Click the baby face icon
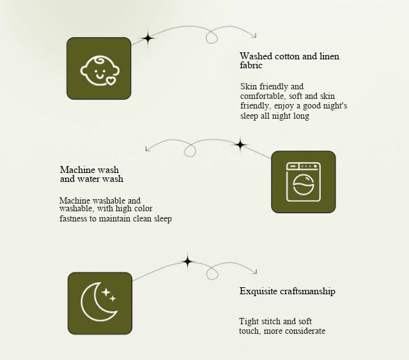point(100,70)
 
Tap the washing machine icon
point(304,182)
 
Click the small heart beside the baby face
point(111,81)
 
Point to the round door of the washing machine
point(304,184)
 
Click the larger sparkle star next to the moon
point(106,292)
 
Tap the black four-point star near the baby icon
point(148,38)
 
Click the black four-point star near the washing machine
point(240,144)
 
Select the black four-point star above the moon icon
point(187,261)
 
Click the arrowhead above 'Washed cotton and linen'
point(254,36)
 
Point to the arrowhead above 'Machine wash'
point(148,149)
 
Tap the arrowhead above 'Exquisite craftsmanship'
point(255,272)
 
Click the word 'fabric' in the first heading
point(251,65)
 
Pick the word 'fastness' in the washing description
point(73,218)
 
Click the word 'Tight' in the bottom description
point(249,322)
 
